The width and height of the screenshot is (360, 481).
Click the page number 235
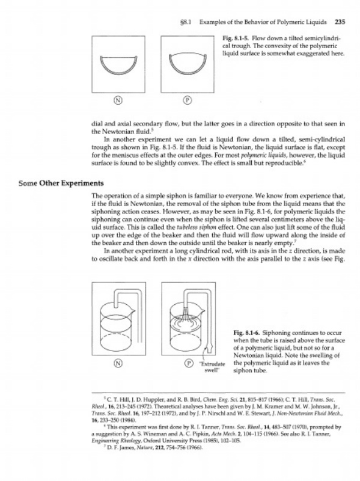pos(340,22)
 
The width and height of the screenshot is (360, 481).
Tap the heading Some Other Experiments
pos(61,183)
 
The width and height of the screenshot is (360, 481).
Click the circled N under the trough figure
pos(118,100)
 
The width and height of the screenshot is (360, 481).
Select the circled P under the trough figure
pos(188,100)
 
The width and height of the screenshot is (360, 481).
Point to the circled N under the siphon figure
pos(118,363)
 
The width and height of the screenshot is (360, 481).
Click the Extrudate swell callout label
pos(212,367)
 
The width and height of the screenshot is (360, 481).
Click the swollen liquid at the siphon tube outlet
pos(210,348)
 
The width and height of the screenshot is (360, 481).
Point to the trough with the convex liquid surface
pos(188,64)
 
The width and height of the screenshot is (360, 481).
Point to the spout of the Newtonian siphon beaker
pos(132,311)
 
